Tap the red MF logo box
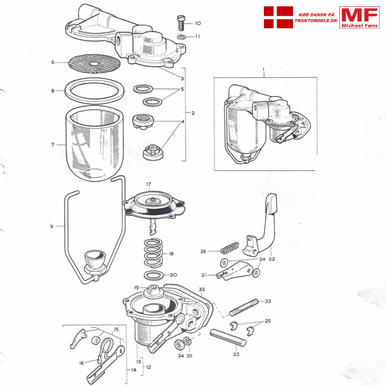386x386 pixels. click(x=359, y=17)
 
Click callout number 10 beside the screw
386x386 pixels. click(x=197, y=23)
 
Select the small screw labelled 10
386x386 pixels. click(x=181, y=23)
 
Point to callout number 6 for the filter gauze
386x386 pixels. click(x=53, y=63)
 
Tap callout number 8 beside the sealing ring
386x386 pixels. click(x=53, y=91)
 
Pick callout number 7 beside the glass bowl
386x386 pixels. click(x=53, y=145)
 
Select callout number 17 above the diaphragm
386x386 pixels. click(x=149, y=185)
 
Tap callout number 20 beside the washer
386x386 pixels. click(x=173, y=275)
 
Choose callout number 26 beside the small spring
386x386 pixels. click(x=204, y=251)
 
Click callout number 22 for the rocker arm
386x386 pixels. click(x=272, y=259)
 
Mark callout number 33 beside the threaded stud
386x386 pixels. click(x=268, y=301)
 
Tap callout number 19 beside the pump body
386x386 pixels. click(x=136, y=288)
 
